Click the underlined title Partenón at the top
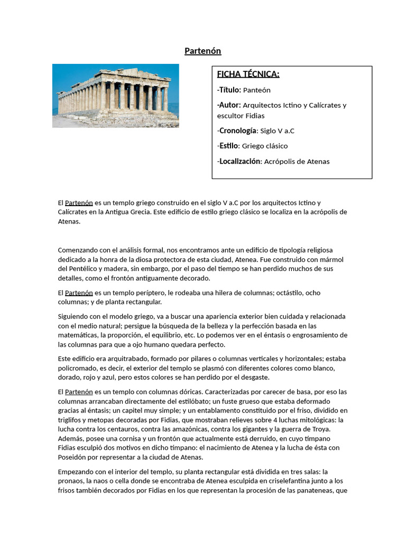pos(202,51)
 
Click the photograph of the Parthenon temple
pos(115,96)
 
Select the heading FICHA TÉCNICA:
pos(248,74)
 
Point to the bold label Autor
pos(229,105)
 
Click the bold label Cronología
pos(237,130)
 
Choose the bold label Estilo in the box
pos(228,146)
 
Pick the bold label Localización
pos(239,161)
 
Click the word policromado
pos(78,368)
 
